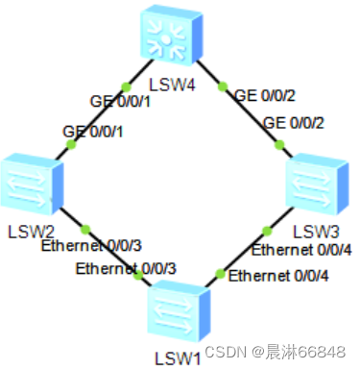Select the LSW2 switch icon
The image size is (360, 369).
[x=31, y=185]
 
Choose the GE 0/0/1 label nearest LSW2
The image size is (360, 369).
[x=93, y=131]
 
